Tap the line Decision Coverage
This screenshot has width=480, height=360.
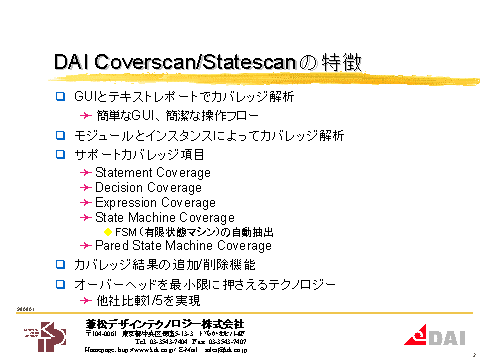[148, 188]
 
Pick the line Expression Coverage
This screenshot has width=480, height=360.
[155, 203]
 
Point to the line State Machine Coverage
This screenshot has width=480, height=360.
[165, 217]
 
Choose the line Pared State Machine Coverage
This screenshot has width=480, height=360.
[183, 246]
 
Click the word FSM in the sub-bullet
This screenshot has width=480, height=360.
[126, 232]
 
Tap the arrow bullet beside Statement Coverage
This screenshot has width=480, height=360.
[87, 173]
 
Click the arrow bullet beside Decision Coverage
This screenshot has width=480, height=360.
[87, 188]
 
